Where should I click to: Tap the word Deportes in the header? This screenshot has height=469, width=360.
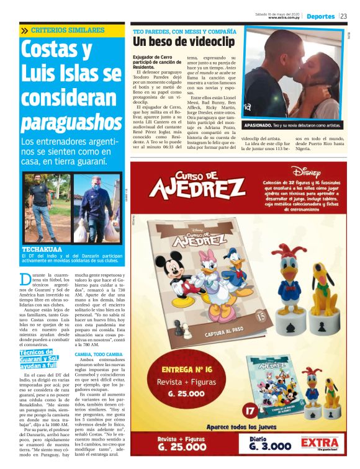320,17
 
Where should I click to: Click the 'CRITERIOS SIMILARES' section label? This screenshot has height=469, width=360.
68,30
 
